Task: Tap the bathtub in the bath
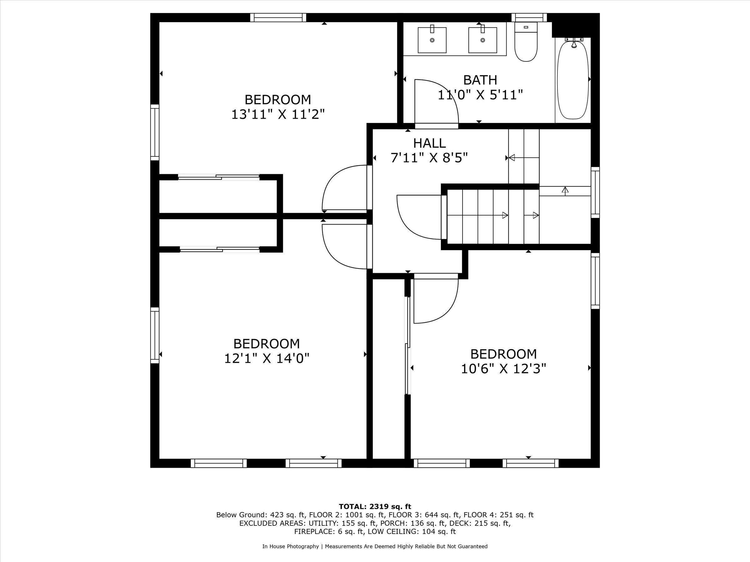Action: coord(573,80)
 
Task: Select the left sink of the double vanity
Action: coord(432,40)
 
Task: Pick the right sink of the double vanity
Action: coord(482,40)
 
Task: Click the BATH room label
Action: coord(480,80)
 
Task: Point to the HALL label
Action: coord(429,143)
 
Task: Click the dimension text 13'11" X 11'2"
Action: coord(278,115)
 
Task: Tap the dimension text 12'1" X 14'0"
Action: coord(267,358)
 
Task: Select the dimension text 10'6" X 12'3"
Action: coord(503,368)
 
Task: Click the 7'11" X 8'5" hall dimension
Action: coord(429,158)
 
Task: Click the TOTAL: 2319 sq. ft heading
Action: coord(375,506)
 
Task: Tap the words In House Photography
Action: coord(291,546)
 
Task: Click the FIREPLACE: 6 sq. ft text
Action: coord(329,531)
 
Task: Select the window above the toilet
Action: coord(529,17)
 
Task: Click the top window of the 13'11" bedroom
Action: coord(278,17)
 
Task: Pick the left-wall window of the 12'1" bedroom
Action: coord(155,335)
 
